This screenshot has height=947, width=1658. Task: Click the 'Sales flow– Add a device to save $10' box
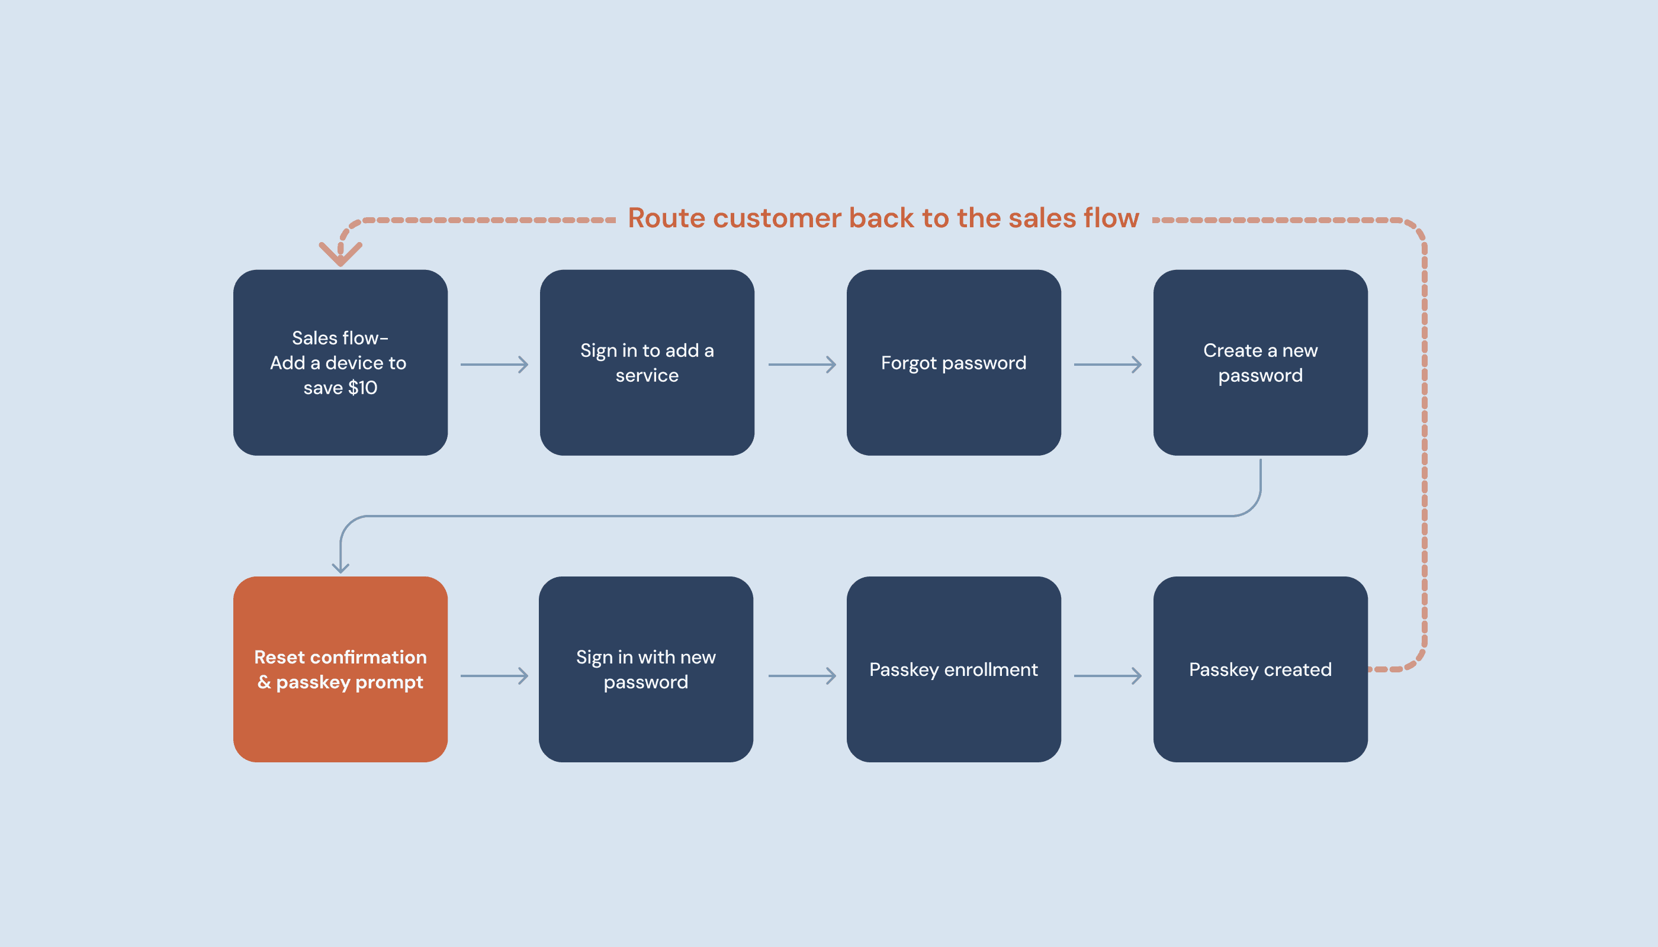tap(340, 362)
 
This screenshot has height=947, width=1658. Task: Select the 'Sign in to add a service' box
tap(647, 362)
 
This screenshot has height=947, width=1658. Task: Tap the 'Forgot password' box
tap(953, 362)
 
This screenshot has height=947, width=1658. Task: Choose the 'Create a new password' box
tap(1261, 362)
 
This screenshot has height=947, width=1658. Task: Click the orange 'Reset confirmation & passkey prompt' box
tap(340, 669)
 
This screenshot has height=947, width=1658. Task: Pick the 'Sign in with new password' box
tap(646, 669)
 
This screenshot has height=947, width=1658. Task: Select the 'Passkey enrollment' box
tap(953, 669)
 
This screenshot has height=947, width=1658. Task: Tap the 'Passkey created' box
tap(1261, 669)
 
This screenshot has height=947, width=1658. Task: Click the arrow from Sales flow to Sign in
tap(494, 364)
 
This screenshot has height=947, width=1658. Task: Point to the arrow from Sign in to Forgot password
tap(802, 364)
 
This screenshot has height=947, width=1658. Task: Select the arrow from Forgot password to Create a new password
tap(1107, 364)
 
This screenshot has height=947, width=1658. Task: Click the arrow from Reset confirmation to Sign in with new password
tap(494, 676)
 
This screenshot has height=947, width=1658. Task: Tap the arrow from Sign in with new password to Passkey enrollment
tap(802, 676)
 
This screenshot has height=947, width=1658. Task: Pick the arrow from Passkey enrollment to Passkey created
tap(1107, 676)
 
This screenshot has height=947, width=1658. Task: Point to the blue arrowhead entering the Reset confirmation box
tap(340, 568)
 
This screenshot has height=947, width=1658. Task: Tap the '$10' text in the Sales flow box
tap(362, 388)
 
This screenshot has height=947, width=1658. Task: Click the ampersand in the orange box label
tap(264, 682)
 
